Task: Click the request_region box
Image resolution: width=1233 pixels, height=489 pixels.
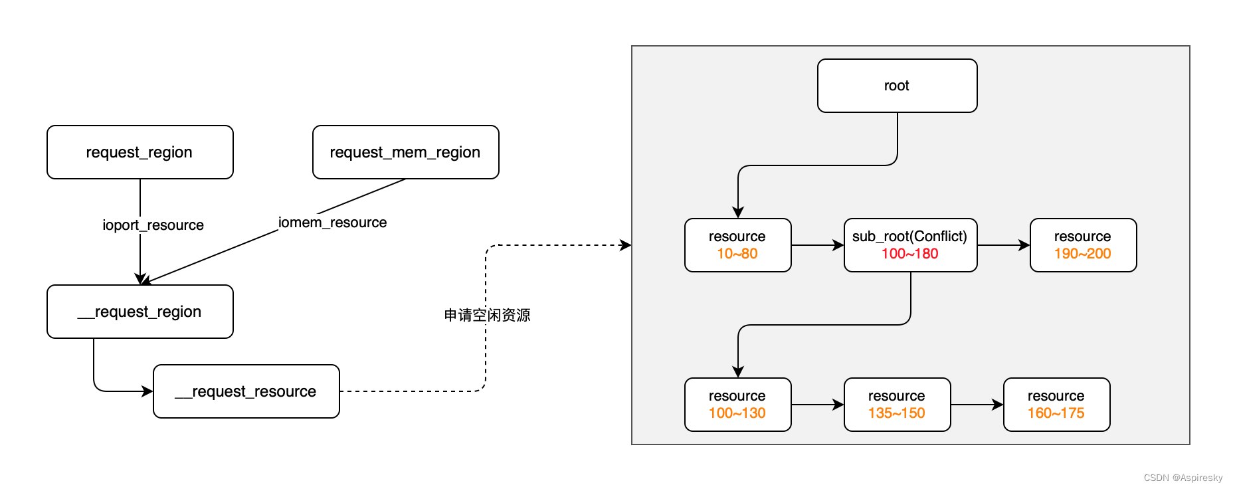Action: (x=140, y=152)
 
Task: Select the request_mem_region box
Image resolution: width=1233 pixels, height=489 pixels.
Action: (x=405, y=152)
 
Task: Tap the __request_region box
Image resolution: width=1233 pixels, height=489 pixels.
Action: (x=140, y=312)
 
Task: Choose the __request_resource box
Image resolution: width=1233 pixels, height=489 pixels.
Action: (x=246, y=391)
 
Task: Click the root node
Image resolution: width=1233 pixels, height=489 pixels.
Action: (x=897, y=86)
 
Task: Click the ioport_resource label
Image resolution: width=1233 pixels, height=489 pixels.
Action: (x=153, y=225)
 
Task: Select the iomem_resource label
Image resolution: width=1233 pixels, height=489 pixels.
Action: (x=332, y=223)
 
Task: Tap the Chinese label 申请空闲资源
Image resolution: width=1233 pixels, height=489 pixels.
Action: (x=487, y=315)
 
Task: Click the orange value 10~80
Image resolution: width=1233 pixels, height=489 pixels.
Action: (x=737, y=254)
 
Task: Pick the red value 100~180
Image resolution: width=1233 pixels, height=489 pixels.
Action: (x=910, y=254)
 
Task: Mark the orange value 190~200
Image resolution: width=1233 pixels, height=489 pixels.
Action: (x=1083, y=254)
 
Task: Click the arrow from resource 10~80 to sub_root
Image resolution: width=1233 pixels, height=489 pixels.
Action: (x=817, y=245)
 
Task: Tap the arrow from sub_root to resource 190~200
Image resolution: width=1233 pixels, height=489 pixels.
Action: (x=1003, y=245)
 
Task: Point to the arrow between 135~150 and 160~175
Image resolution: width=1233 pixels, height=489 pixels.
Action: (x=977, y=405)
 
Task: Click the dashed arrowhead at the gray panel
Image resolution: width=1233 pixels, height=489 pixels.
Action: (x=626, y=245)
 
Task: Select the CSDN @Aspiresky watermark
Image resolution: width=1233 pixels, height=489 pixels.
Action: (x=1183, y=478)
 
